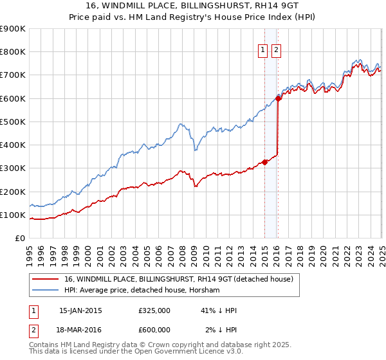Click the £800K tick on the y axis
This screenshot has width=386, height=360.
coord(13,52)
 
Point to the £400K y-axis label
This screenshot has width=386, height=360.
coord(13,145)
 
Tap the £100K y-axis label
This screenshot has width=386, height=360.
coord(13,215)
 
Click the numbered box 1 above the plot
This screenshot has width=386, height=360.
coord(264,51)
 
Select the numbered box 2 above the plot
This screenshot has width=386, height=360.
coord(277,51)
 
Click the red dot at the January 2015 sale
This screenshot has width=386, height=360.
coord(264,162)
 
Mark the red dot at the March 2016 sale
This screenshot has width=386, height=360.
coord(279,98)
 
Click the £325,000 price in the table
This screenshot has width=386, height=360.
coord(154,310)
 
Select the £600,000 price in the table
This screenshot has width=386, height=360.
coord(154,330)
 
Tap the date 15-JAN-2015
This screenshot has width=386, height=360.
coord(80,310)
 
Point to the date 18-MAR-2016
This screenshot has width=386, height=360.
coord(80,330)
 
